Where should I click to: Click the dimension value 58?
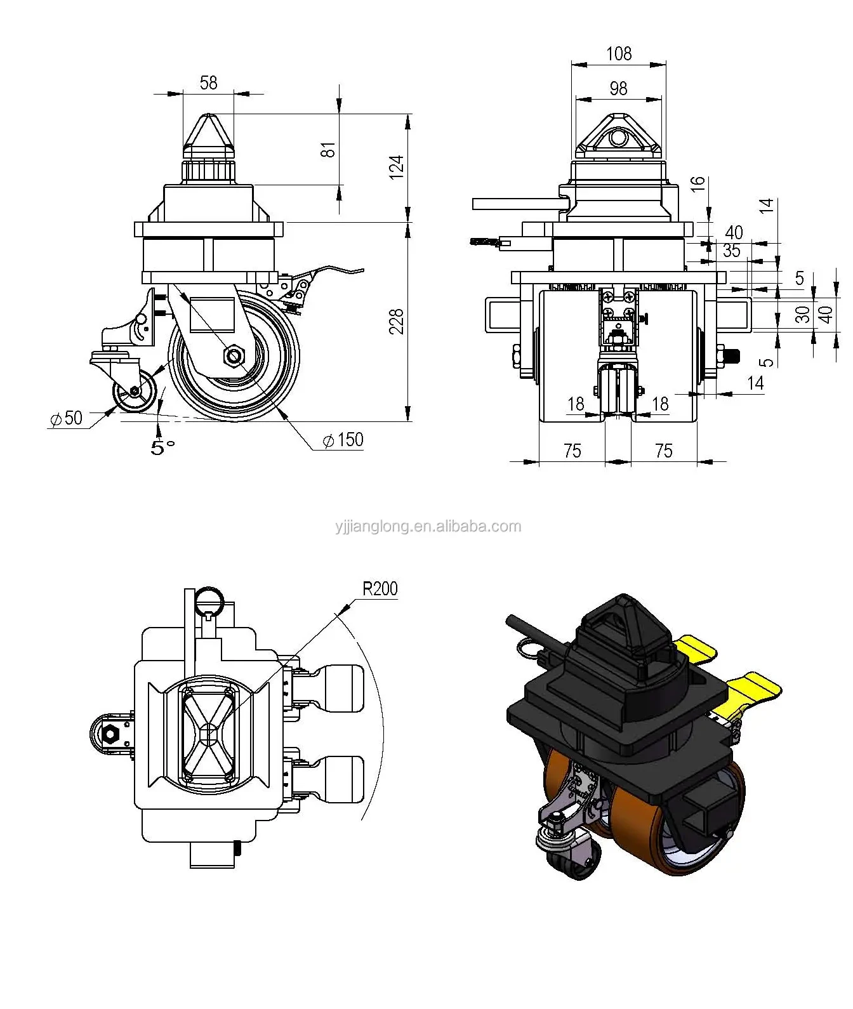tap(208, 82)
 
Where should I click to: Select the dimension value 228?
tap(397, 322)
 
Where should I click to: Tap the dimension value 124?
tap(396, 167)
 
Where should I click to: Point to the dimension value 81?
tap(327, 150)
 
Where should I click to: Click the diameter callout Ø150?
tap(343, 440)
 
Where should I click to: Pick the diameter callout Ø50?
tap(66, 418)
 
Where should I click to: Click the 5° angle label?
tap(162, 447)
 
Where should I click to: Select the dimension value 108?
tap(618, 53)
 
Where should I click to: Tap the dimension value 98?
tap(618, 88)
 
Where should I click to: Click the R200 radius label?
tap(380, 589)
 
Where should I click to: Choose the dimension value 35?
tap(731, 251)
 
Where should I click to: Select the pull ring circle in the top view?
tap(209, 599)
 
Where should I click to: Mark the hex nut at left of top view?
tap(111, 734)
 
